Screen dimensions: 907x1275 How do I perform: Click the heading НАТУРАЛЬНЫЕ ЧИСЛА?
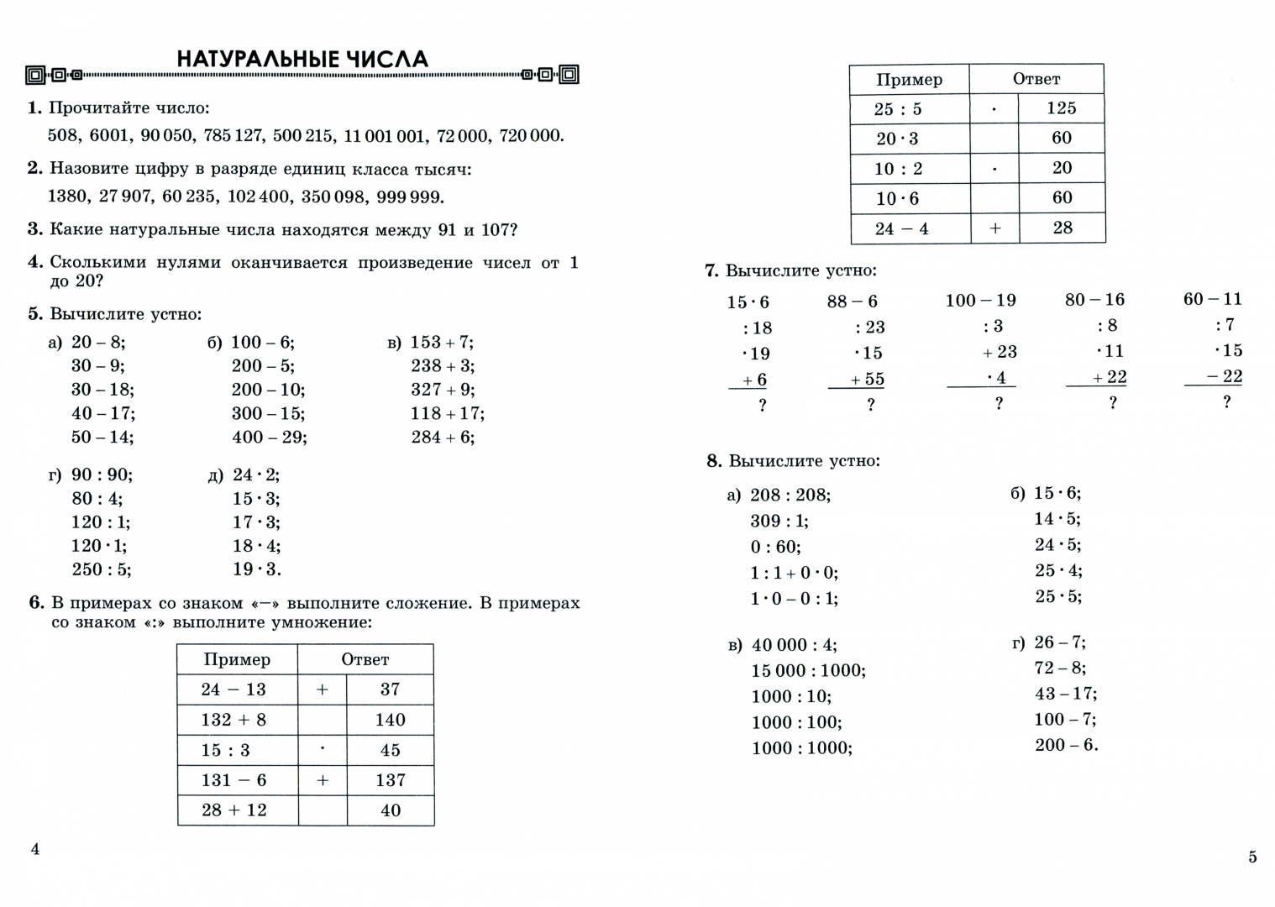coord(302,59)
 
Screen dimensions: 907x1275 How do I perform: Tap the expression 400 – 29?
coord(269,438)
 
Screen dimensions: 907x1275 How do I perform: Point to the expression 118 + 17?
coord(447,414)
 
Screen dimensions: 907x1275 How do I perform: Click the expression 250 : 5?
coord(101,569)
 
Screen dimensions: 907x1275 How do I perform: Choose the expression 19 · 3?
coord(256,569)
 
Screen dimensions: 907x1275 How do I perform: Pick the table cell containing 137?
coord(391,780)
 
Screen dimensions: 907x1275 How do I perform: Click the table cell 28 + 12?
coord(233,810)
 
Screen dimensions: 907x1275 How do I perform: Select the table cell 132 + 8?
coord(233,720)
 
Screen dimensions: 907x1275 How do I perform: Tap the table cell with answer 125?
coord(1062,108)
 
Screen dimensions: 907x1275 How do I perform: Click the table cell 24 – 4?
coord(901,228)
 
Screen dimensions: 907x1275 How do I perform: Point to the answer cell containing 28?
coord(1062,228)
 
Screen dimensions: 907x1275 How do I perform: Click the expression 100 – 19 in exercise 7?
coord(980,300)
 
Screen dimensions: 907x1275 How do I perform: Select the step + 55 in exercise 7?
coord(867,380)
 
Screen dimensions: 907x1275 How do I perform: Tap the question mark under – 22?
coord(1226,402)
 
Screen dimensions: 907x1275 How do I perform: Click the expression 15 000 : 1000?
coord(808,671)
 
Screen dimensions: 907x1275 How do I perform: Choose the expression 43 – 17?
coord(1065,694)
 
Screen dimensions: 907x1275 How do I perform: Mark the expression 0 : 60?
coord(775,548)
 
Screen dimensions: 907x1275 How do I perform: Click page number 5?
coord(1252,857)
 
